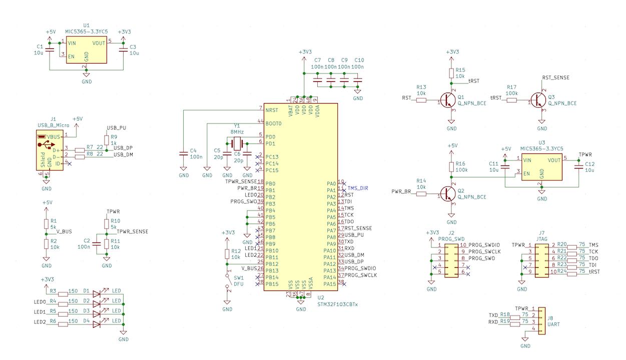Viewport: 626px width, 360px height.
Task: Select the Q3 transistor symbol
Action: (x=539, y=100)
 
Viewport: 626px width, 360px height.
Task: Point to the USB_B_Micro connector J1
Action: (x=49, y=150)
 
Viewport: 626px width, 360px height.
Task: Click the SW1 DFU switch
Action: (x=227, y=281)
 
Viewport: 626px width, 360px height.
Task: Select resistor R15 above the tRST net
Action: (x=451, y=73)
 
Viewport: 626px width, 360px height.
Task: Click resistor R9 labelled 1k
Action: (x=106, y=139)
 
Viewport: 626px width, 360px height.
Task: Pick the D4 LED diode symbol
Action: (x=97, y=323)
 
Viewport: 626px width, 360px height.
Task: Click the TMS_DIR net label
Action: (x=358, y=188)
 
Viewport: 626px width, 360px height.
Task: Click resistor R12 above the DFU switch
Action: (x=227, y=253)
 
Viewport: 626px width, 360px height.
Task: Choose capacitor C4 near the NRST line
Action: (x=184, y=154)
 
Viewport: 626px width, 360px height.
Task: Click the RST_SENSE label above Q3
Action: (x=555, y=78)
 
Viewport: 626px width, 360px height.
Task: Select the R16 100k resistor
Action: (x=451, y=166)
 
